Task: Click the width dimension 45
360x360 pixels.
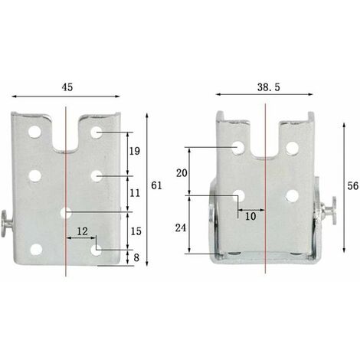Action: [67, 87]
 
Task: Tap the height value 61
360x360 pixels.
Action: [156, 185]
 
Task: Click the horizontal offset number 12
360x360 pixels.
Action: [81, 231]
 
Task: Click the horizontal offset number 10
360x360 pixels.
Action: [250, 217]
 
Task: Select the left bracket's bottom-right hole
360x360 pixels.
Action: [96, 250]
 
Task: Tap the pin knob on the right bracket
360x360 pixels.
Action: [335, 208]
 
